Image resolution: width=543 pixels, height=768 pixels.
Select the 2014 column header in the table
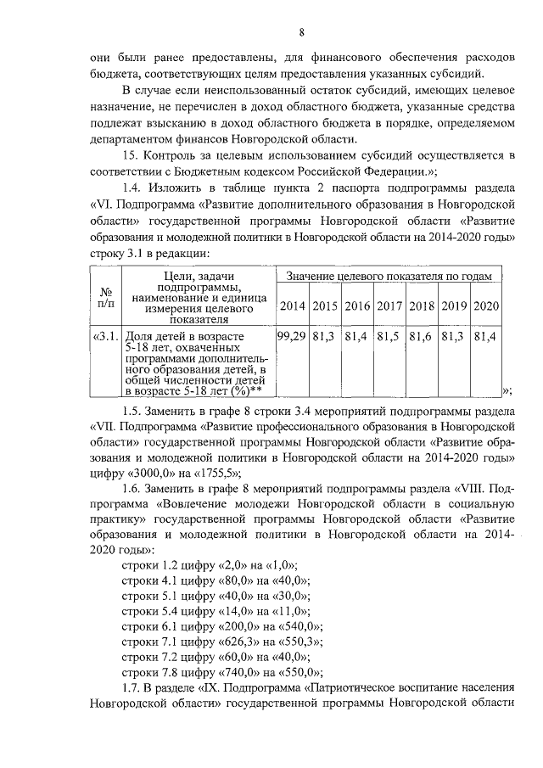[x=292, y=306]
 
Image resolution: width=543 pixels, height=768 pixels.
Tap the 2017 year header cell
[x=389, y=306]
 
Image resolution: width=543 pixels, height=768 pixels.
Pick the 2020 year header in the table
[x=486, y=306]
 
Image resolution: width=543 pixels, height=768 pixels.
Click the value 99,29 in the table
[x=292, y=337]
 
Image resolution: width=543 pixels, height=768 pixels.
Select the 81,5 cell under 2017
[x=389, y=337]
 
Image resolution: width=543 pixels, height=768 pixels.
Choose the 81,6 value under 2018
[x=422, y=337]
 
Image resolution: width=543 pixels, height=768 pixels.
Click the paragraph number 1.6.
[x=133, y=489]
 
